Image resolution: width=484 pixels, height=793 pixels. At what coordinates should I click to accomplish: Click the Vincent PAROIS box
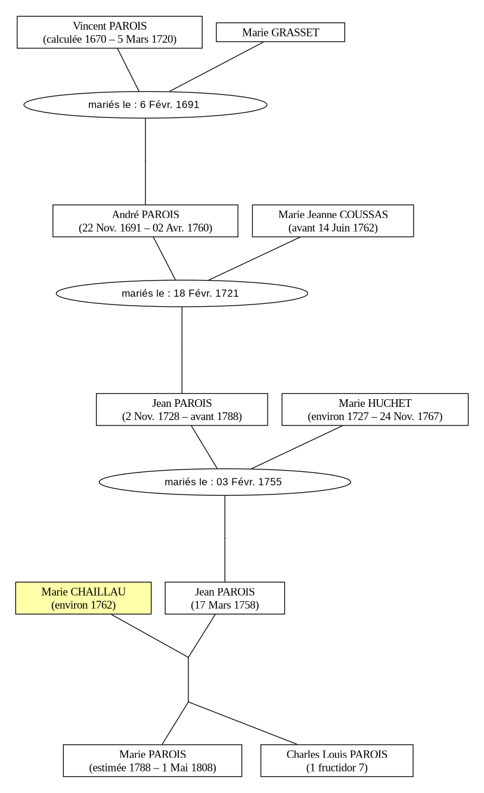click(110, 32)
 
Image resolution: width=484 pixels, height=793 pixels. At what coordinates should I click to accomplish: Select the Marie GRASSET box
click(280, 32)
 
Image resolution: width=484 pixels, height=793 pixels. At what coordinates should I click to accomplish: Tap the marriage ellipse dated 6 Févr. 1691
click(145, 105)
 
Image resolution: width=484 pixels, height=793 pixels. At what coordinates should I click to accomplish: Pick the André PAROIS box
click(145, 221)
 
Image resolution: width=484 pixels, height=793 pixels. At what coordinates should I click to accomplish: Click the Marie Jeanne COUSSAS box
click(333, 221)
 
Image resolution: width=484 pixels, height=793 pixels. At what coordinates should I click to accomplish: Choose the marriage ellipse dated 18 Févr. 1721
click(182, 294)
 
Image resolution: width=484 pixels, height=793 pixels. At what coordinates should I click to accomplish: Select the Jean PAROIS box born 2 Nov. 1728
click(182, 409)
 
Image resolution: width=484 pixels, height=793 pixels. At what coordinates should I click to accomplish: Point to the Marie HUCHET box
click(375, 409)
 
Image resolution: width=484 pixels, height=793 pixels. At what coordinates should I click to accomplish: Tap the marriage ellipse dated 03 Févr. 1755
click(225, 482)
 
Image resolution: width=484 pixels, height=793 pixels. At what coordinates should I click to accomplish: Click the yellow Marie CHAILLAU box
click(83, 598)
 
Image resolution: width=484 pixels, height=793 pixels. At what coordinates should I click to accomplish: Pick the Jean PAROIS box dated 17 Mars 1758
click(225, 598)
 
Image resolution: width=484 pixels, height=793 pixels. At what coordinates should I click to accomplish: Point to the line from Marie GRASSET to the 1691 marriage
click(216, 67)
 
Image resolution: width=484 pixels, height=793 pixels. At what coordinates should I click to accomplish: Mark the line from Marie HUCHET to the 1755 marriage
click(297, 447)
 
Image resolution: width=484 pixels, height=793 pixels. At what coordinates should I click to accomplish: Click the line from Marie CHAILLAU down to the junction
click(150, 636)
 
